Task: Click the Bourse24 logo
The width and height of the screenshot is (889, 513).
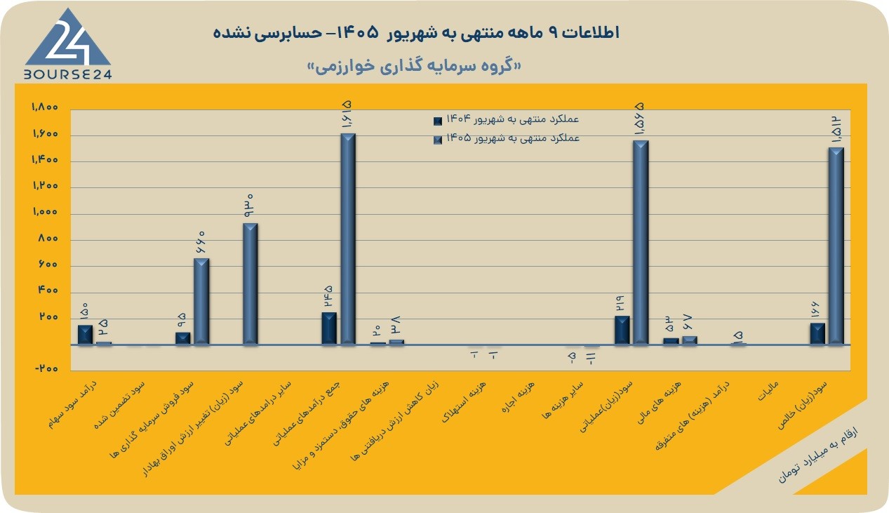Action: [x=68, y=44]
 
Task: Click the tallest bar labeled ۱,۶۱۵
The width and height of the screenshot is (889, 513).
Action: [x=348, y=239]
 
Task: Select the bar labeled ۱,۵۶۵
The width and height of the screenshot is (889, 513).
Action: [x=641, y=242]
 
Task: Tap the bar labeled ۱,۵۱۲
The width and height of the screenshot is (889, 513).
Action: [x=836, y=246]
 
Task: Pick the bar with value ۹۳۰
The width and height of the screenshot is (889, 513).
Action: [x=250, y=284]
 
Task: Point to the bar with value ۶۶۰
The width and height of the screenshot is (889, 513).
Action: [x=201, y=301]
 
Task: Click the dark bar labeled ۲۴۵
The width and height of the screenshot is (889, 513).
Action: [x=329, y=328]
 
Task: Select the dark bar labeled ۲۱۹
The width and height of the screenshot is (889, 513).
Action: [x=622, y=330]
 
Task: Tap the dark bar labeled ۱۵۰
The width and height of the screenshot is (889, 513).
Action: [x=85, y=334]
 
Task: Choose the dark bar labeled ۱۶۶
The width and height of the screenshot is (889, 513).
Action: [x=817, y=333]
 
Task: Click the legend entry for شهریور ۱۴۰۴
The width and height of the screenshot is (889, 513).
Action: [x=507, y=119]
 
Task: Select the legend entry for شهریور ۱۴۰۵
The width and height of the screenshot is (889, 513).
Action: [x=507, y=138]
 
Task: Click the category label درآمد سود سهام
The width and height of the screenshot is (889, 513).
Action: [x=73, y=404]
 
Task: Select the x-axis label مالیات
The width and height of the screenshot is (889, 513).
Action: [x=768, y=391]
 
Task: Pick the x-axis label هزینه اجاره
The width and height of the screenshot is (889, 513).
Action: [x=518, y=397]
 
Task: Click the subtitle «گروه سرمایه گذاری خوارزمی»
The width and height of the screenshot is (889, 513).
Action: [x=415, y=67]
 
